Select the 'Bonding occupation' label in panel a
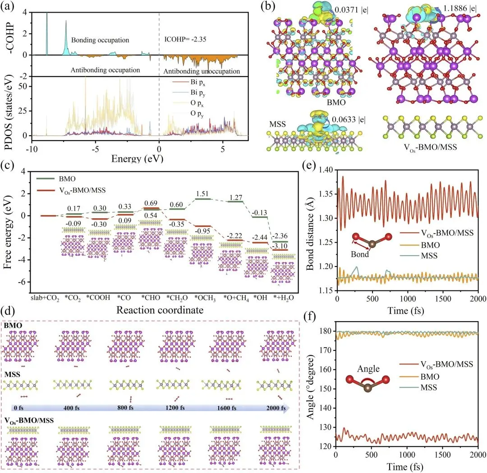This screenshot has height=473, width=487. tap(100, 40)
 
